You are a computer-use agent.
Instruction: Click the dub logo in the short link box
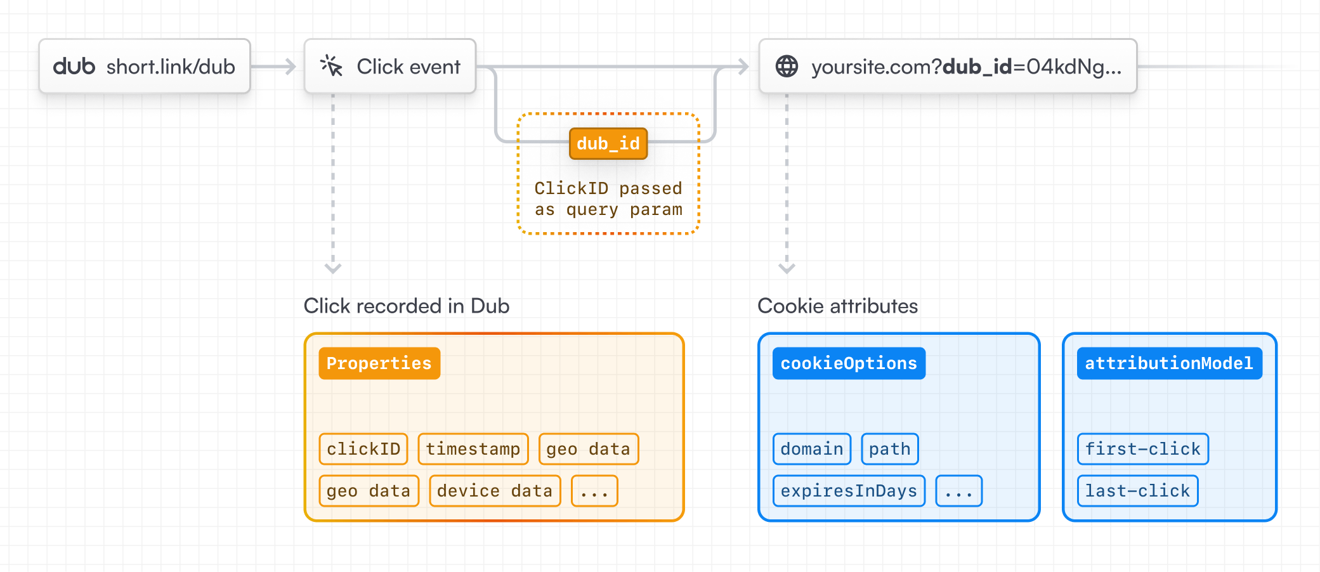pos(74,66)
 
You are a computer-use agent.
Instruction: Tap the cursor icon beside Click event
pos(331,66)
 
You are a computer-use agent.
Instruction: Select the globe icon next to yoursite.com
pos(787,66)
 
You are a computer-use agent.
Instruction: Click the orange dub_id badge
pos(608,144)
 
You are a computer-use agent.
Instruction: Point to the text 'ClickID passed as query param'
pos(608,199)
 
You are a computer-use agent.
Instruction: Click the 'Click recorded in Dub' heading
pos(406,306)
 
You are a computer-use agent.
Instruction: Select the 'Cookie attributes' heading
pos(837,306)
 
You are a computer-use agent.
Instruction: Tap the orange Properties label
pos(379,363)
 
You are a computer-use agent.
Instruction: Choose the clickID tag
pos(363,449)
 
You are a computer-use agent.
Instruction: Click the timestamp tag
pos(473,449)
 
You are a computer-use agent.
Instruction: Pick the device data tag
pos(494,491)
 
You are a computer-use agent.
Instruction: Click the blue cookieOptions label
pos(848,363)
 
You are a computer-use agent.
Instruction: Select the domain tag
pos(811,449)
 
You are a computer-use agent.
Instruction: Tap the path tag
pos(889,449)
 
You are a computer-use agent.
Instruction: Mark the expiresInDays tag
pos(848,491)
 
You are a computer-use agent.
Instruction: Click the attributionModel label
pos(1168,363)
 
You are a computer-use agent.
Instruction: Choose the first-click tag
pos(1142,449)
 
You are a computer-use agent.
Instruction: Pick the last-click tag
pos(1137,491)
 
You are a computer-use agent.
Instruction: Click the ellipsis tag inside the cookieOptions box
pos(958,491)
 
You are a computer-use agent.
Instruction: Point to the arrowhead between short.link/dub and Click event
pos(291,66)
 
